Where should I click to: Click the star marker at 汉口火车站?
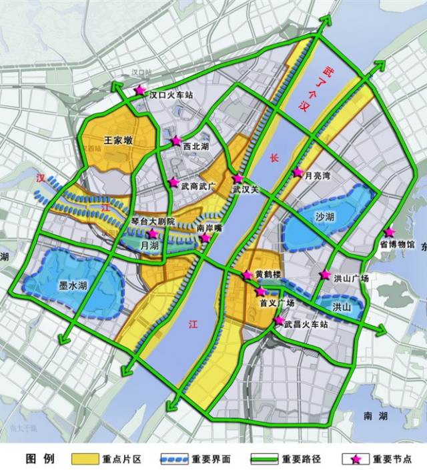pyautogui.click(x=140, y=91)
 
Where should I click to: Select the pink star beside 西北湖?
pyautogui.click(x=176, y=141)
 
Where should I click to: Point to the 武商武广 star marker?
pyautogui.click(x=173, y=182)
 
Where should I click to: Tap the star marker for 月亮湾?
pyautogui.click(x=298, y=173)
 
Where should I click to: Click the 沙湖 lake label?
pyautogui.click(x=325, y=217)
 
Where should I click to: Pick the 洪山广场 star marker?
pyautogui.click(x=325, y=275)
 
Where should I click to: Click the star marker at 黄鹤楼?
pyautogui.click(x=248, y=275)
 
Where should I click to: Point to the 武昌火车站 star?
pyautogui.click(x=278, y=321)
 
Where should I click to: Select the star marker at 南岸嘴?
pyautogui.click(x=206, y=237)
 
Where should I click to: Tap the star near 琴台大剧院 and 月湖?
pyautogui.click(x=153, y=234)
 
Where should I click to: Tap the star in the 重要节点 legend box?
pyautogui.click(x=356, y=459)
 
